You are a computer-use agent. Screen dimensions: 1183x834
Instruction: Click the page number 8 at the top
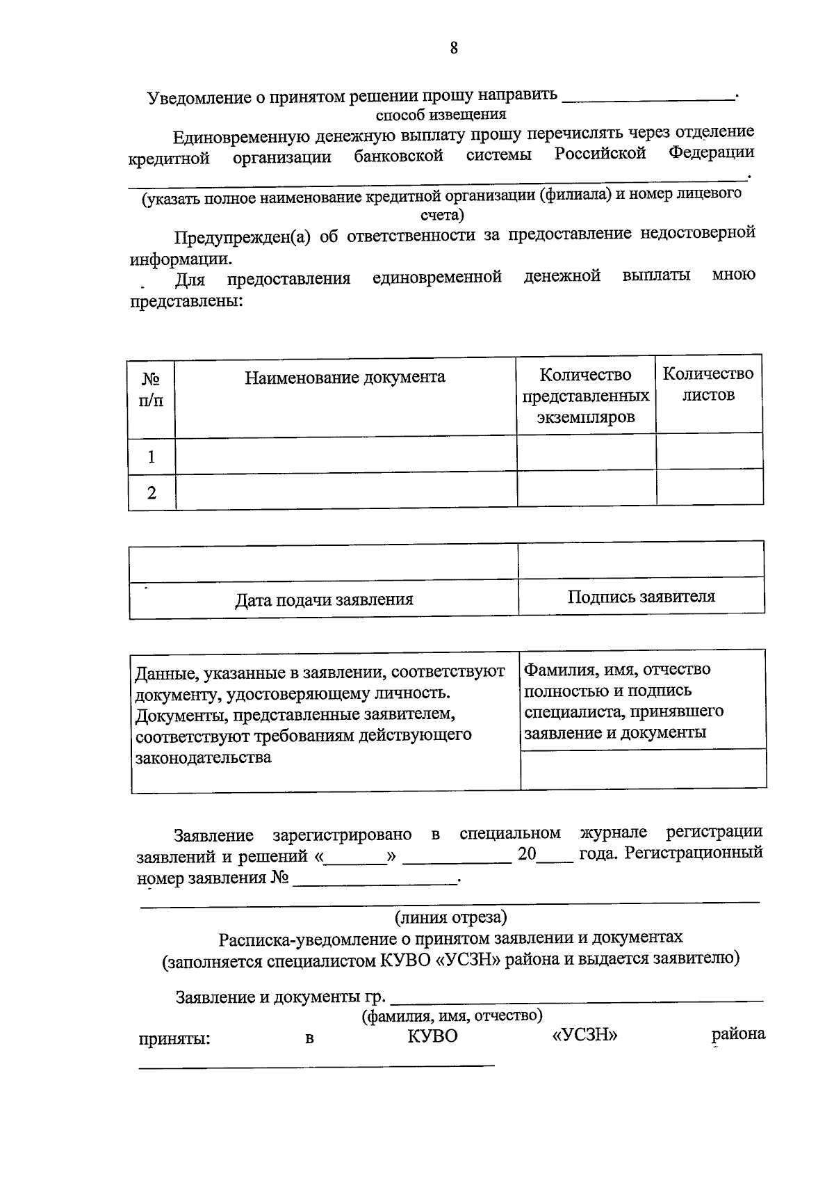click(x=453, y=47)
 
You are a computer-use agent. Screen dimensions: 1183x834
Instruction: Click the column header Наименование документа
click(x=345, y=378)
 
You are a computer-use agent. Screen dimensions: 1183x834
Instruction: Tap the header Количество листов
click(x=708, y=385)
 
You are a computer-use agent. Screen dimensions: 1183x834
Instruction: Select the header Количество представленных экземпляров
click(x=585, y=396)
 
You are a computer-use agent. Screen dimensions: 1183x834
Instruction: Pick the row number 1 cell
click(x=152, y=457)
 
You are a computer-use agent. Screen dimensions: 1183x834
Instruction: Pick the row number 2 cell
click(x=152, y=493)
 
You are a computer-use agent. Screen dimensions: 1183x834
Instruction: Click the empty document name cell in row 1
click(x=345, y=455)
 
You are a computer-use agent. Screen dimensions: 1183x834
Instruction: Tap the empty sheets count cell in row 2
click(x=709, y=488)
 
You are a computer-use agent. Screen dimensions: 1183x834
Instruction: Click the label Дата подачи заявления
click(x=324, y=599)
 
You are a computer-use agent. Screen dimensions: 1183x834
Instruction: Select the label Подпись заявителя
click(x=641, y=597)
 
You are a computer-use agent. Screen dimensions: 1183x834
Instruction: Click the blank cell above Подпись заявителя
click(x=641, y=560)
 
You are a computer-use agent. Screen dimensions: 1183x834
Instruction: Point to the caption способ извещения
click(x=441, y=115)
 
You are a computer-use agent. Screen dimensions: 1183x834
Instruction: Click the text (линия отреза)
click(x=451, y=917)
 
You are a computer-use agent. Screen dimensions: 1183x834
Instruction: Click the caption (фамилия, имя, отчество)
click(x=452, y=1016)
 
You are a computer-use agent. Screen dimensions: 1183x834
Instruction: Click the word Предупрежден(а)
click(x=242, y=236)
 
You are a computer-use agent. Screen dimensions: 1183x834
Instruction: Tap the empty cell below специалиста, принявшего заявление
click(x=643, y=768)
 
